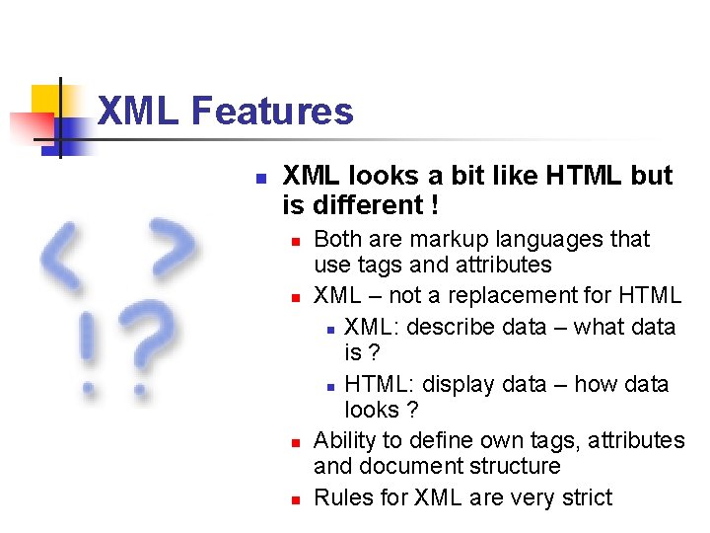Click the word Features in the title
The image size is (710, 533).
pos(272,112)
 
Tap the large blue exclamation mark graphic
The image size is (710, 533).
pos(91,350)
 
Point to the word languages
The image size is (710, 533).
pos(550,239)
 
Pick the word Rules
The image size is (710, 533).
pos(340,497)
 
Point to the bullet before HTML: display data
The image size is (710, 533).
pos(332,386)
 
